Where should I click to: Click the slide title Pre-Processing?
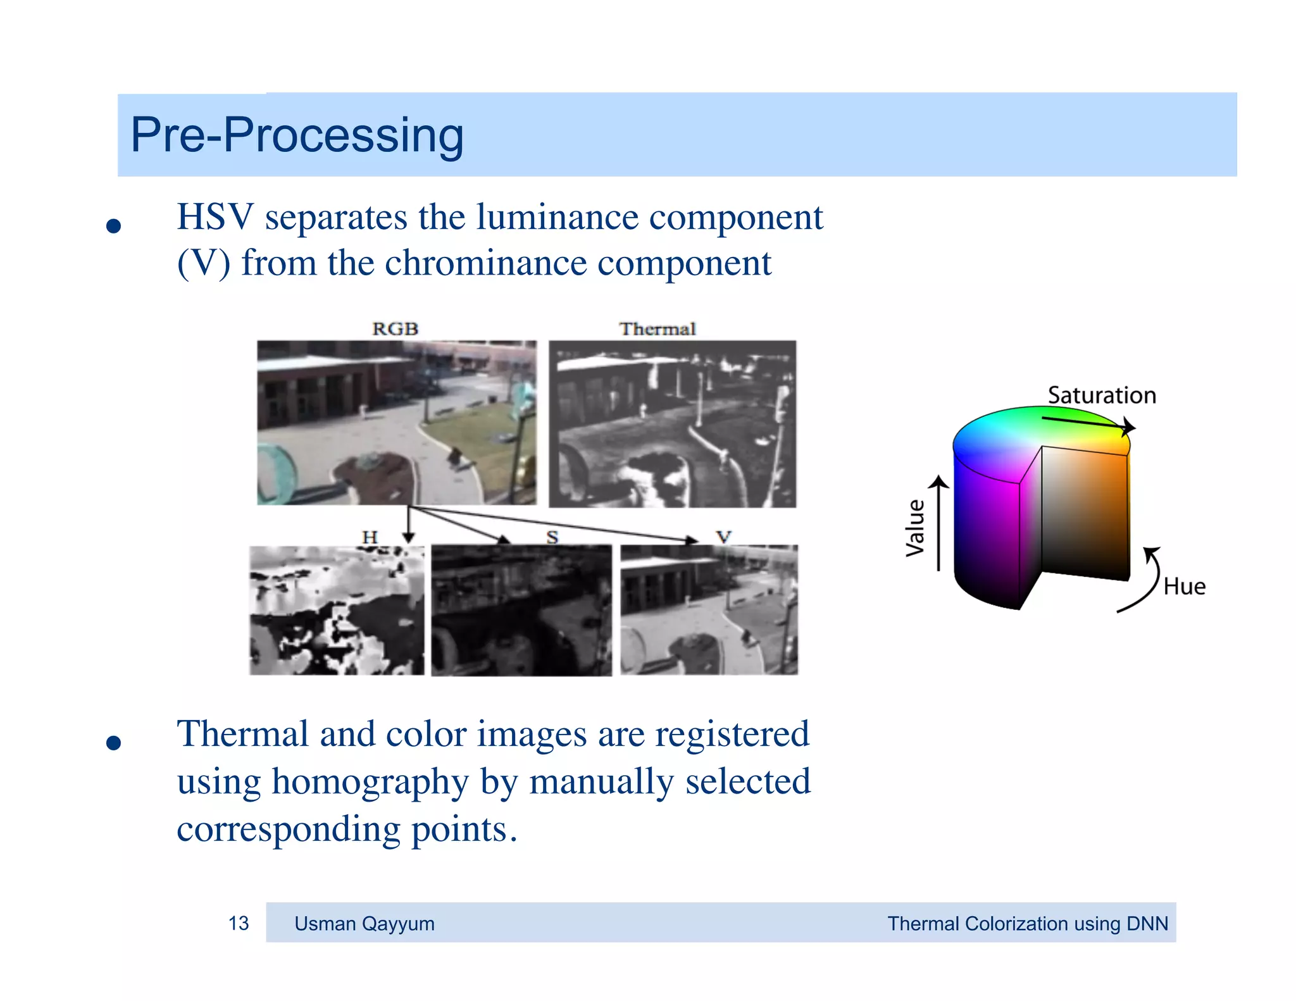pos(296,135)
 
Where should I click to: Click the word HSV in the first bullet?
pos(215,217)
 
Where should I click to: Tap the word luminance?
pos(557,217)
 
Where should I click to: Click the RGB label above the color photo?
pos(395,329)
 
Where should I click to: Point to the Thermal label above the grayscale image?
pos(657,329)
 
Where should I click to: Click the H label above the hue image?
pos(370,537)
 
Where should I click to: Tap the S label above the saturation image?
pos(552,537)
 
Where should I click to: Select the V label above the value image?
pos(723,537)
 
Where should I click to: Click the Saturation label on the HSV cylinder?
pos(1101,395)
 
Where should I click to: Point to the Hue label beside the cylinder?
pos(1184,587)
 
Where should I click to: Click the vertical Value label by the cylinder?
pos(915,528)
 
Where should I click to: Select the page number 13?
pos(239,923)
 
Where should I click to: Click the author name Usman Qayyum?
pos(364,924)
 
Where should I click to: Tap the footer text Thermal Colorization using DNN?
pos(1027,924)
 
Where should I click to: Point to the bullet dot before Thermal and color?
pos(114,743)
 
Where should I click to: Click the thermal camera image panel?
pos(672,424)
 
